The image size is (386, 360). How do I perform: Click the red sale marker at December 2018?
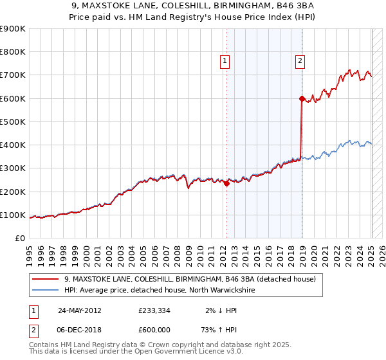point(302,98)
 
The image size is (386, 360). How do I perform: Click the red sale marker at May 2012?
point(226,183)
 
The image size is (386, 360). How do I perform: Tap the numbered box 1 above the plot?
point(225,61)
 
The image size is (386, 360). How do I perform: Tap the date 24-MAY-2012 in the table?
point(80,310)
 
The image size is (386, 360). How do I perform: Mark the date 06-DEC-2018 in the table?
point(80,330)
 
